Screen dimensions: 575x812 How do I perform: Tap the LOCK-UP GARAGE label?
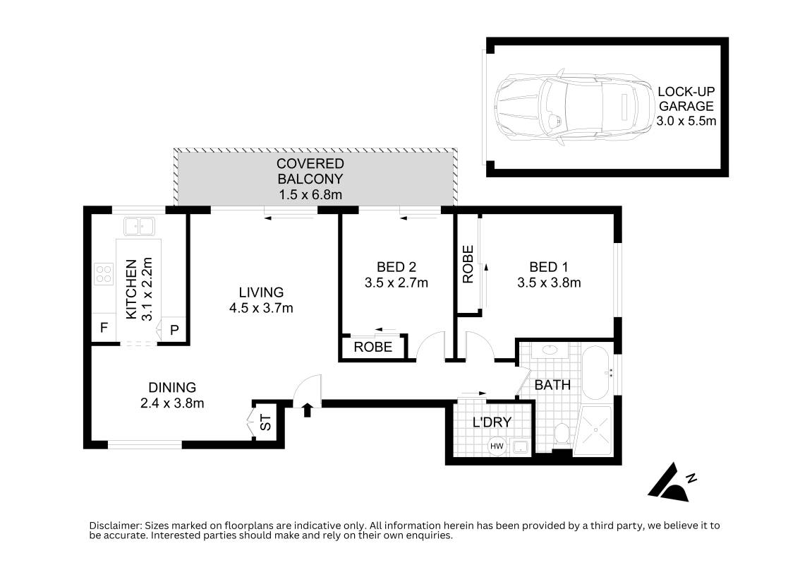tap(686, 107)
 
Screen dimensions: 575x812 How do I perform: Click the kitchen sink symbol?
tap(139, 227)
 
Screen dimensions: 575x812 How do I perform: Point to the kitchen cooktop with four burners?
tap(104, 273)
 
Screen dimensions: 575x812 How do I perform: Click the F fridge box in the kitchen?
tap(104, 328)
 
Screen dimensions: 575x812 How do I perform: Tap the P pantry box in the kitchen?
tap(174, 329)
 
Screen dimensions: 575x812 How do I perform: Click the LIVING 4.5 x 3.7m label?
tap(260, 300)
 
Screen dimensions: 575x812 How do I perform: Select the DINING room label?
tap(171, 395)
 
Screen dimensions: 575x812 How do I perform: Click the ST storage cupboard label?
tap(265, 424)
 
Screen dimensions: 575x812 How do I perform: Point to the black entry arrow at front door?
tap(308, 410)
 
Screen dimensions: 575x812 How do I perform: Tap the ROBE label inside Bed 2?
tap(373, 348)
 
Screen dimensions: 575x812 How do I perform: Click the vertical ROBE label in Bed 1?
tap(467, 265)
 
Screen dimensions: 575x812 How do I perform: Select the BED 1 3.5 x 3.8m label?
tap(548, 275)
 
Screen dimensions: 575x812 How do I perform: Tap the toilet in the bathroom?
tap(562, 434)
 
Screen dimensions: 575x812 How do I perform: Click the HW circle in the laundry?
tap(496, 446)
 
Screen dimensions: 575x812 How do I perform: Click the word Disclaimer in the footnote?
tap(115, 526)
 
